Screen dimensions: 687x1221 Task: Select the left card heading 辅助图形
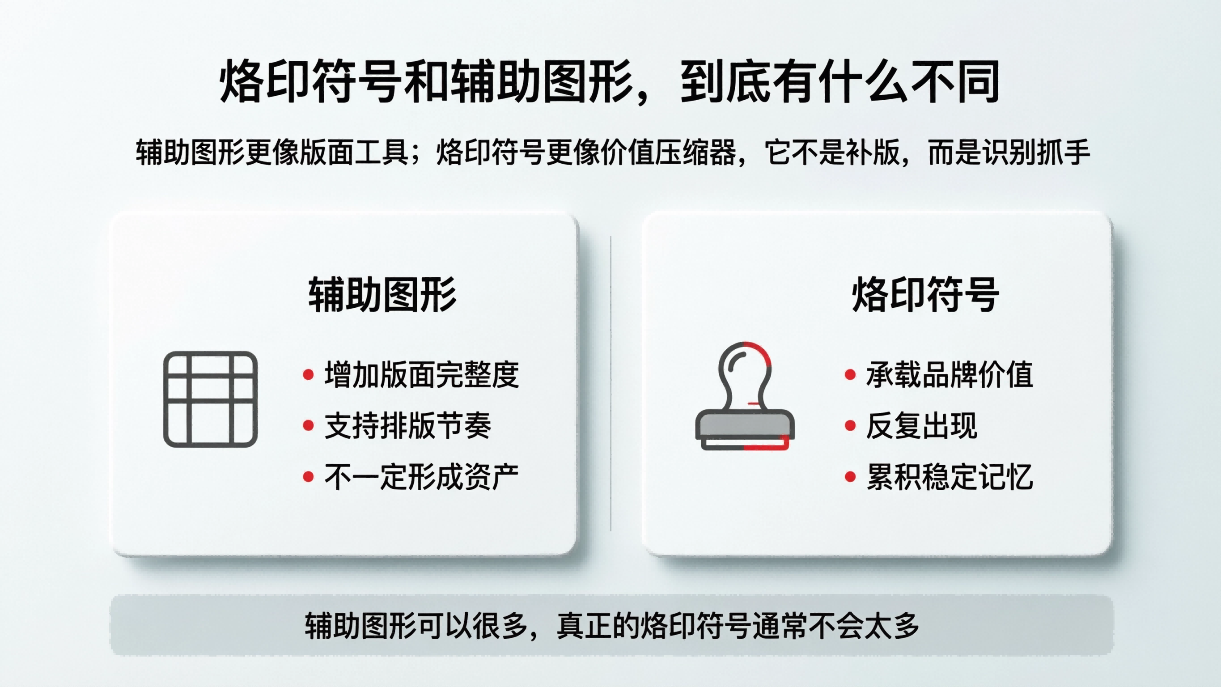coord(382,295)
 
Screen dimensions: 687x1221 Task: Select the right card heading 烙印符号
coord(925,295)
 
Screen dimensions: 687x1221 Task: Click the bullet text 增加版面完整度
coord(421,374)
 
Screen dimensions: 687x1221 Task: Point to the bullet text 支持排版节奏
coord(407,425)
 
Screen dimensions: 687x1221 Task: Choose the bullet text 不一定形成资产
coord(421,476)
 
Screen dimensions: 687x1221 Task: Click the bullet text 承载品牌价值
coord(950,374)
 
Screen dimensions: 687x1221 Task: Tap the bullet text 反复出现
coord(921,425)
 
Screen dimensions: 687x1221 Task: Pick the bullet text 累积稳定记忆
coord(950,476)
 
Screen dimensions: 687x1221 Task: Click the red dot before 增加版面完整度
coord(308,375)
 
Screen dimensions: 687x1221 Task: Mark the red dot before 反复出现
coord(850,426)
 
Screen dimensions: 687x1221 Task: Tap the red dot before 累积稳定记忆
coord(850,476)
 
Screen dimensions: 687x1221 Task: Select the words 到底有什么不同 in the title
coord(840,81)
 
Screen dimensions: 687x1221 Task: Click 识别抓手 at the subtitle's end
coord(1036,153)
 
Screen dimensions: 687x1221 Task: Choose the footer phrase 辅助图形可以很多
coord(415,626)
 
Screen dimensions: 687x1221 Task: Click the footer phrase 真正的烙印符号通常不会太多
coord(738,626)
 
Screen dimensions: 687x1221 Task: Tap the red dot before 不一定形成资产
coord(308,476)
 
